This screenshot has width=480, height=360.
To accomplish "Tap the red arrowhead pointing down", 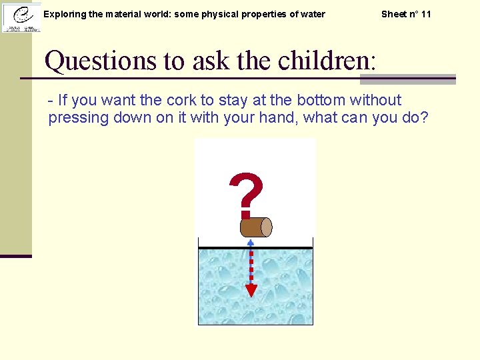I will pos(251,290).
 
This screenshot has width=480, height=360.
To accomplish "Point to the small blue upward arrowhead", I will pos(251,243).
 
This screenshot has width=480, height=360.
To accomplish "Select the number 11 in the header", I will pos(425,14).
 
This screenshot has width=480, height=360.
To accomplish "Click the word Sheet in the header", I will pos(393,14).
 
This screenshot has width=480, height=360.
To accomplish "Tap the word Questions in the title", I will pos(101,61).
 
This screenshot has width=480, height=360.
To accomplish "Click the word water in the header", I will pos(312,14).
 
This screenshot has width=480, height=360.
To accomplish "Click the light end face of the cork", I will pos(266,227).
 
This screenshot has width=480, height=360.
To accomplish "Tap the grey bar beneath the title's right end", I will pos(408,79).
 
